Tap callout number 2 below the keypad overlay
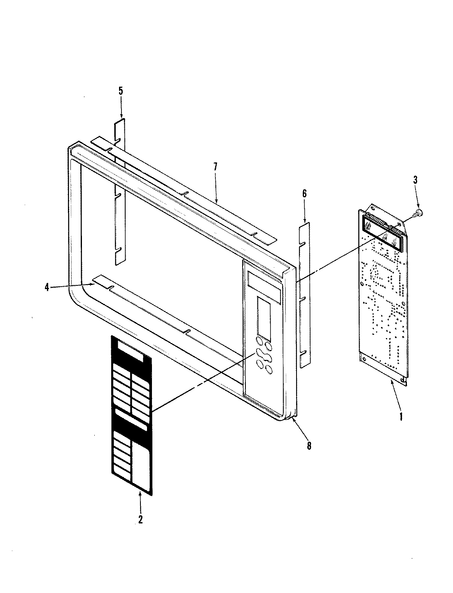(x=140, y=520)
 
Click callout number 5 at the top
(x=121, y=91)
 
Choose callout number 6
(x=305, y=194)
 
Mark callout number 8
(x=309, y=445)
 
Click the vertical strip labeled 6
(x=305, y=292)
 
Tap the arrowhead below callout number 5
(x=121, y=117)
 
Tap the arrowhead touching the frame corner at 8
(x=293, y=419)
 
